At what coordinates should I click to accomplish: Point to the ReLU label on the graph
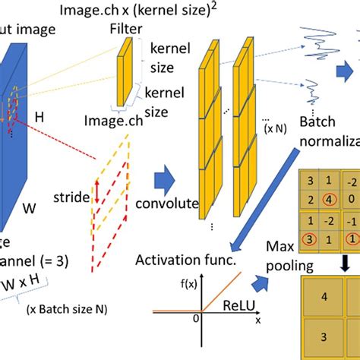[238, 304]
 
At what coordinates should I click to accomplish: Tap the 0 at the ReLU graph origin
[195, 320]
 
